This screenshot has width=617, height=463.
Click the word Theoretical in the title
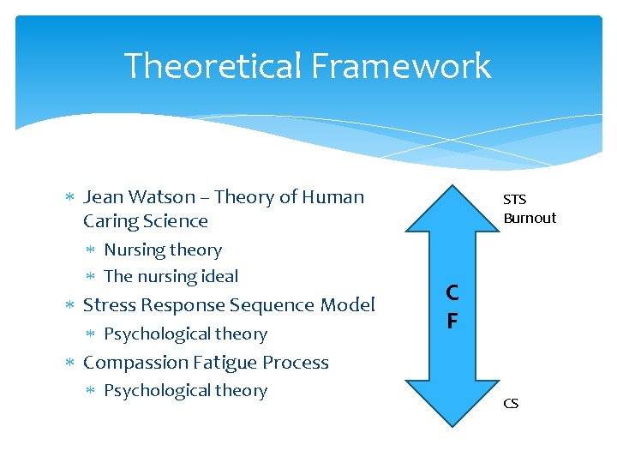(211, 66)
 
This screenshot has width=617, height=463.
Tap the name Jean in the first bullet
(104, 197)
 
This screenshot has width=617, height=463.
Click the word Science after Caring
(177, 221)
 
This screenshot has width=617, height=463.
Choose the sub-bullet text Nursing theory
(163, 250)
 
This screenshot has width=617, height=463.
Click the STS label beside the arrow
(515, 200)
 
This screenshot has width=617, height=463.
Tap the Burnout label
(530, 218)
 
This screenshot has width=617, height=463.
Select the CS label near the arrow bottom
(511, 403)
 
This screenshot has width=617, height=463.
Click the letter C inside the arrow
(452, 292)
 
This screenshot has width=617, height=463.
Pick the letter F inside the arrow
(452, 322)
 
